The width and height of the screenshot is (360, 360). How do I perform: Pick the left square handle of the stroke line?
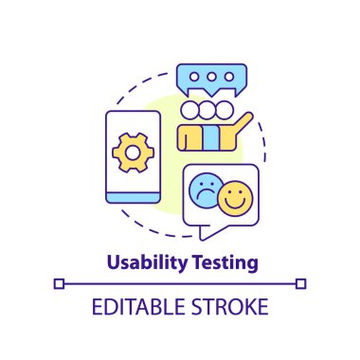[60, 282]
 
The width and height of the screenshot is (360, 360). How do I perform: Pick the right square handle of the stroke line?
[300, 282]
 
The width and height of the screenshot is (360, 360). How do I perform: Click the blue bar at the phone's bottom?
[132, 197]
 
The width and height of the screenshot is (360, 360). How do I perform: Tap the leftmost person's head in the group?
[189, 109]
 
